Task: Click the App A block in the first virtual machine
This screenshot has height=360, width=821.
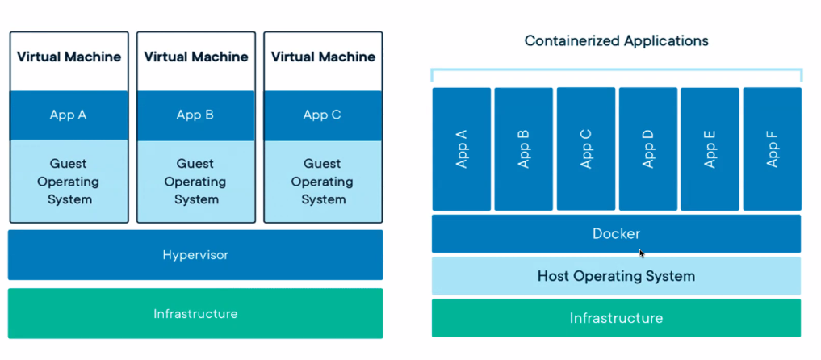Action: tap(69, 115)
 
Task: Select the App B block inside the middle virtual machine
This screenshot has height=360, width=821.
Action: tap(195, 115)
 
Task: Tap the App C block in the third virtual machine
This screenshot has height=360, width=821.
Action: tap(322, 115)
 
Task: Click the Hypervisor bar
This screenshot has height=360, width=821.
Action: tap(195, 255)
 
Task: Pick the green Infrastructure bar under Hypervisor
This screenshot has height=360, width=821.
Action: tap(195, 313)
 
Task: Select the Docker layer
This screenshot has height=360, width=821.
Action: tap(616, 234)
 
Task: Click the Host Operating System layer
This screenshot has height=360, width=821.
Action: tap(616, 276)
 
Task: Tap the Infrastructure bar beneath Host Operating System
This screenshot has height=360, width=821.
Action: tap(616, 318)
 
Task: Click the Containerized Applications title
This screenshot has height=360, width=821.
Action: tap(616, 40)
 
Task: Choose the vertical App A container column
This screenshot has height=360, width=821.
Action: tap(462, 149)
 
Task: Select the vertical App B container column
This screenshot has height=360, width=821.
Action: tap(524, 149)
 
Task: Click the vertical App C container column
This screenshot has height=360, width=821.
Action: tap(586, 149)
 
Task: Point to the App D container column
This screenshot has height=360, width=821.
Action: tap(647, 149)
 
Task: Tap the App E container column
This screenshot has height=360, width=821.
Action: tap(710, 149)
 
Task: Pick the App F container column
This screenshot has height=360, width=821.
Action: tap(772, 149)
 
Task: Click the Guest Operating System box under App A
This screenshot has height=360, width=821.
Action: tap(69, 182)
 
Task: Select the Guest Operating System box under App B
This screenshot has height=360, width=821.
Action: tap(195, 182)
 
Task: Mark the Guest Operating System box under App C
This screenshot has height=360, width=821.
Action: tap(322, 182)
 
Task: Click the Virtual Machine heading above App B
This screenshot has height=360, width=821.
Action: tap(195, 57)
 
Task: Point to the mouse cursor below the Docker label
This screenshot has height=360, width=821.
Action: tap(642, 253)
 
